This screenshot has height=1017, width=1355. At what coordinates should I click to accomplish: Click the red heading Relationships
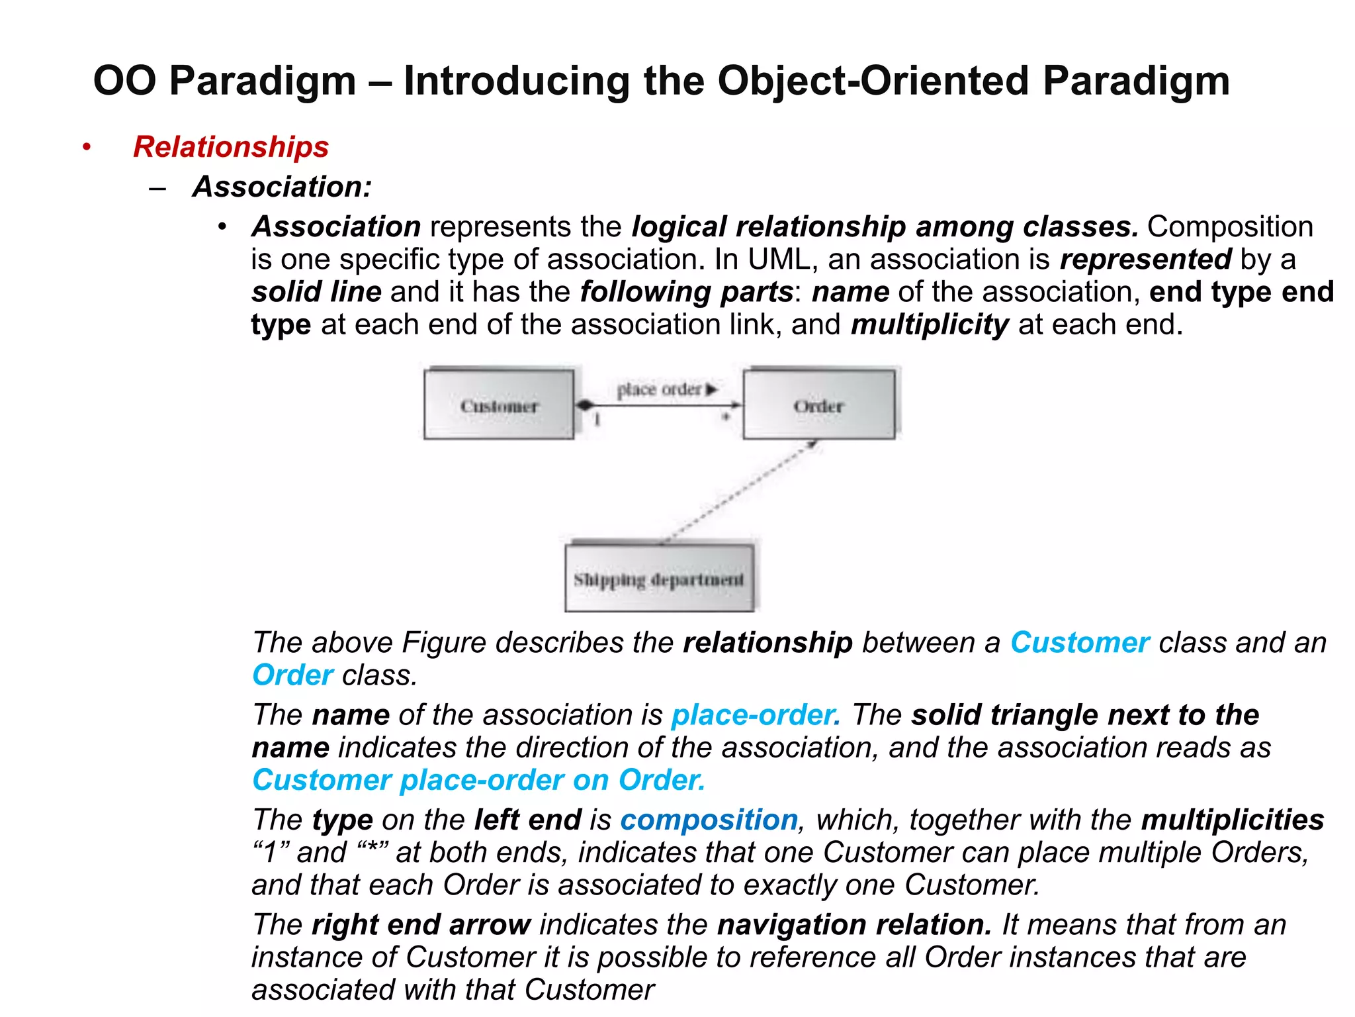[230, 147]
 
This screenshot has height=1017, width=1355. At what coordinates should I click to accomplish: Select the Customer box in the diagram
[499, 405]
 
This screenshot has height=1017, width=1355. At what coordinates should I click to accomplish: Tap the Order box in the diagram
[818, 405]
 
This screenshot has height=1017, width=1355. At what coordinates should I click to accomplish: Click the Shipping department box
[659, 579]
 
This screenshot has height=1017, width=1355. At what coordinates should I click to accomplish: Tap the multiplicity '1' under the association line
[597, 419]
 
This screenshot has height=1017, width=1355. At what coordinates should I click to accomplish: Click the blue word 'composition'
[709, 820]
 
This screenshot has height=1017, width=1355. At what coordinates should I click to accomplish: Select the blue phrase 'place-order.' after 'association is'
[756, 715]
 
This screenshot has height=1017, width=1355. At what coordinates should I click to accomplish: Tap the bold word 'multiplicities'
[1233, 820]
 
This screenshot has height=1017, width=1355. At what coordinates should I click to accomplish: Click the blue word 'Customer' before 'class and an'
[1080, 642]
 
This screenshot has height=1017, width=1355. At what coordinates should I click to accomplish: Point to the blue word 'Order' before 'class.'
[292, 675]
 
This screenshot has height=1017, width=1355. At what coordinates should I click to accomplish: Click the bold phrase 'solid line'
[316, 292]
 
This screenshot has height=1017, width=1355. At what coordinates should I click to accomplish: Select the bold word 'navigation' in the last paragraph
[791, 925]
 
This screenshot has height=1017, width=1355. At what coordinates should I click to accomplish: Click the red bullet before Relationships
[87, 147]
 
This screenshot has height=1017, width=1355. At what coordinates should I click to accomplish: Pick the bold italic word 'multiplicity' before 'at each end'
[930, 325]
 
